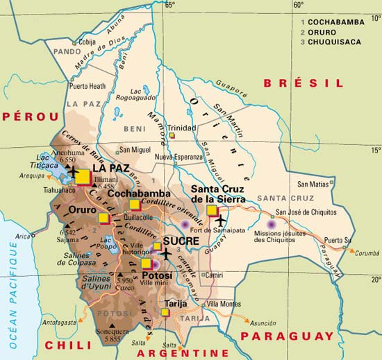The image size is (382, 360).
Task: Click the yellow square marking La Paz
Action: click(83, 177)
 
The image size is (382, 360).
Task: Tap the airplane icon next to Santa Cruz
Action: click(222, 221)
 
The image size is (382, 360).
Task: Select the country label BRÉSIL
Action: click(303, 83)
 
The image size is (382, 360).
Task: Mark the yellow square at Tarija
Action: click(165, 313)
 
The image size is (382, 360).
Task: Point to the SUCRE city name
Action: click(181, 242)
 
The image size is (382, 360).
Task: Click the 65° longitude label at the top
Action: click(169, 6)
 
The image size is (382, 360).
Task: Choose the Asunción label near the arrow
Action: click(263, 323)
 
